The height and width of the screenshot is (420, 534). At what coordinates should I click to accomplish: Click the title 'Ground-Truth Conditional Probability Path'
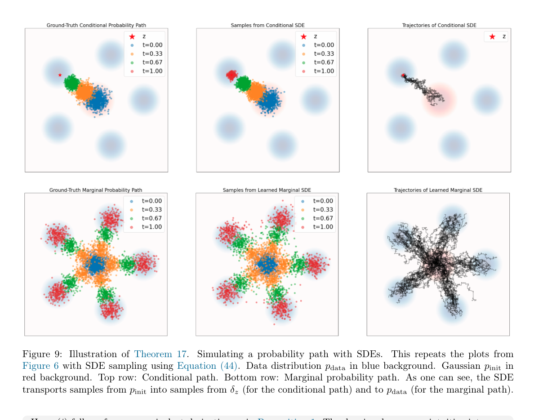pyautogui.click(x=96, y=25)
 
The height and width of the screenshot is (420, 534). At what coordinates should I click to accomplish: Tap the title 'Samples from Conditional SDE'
pyautogui.click(x=267, y=25)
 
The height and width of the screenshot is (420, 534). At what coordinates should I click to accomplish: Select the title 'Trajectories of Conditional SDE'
pyautogui.click(x=439, y=25)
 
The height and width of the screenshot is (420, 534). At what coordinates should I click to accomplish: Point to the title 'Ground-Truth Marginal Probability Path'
pyautogui.click(x=96, y=190)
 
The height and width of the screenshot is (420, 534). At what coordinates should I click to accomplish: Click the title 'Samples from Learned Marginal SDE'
pyautogui.click(x=267, y=190)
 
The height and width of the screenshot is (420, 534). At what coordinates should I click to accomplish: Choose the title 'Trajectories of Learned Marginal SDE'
pyautogui.click(x=438, y=190)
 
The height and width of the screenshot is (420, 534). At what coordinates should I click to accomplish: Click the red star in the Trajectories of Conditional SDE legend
pyautogui.click(x=492, y=37)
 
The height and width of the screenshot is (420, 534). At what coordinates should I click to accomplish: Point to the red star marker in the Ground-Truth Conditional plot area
pyautogui.click(x=60, y=75)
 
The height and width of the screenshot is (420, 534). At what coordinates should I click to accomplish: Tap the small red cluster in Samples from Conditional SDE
pyautogui.click(x=232, y=75)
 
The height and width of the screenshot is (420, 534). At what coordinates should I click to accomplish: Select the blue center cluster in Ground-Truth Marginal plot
pyautogui.click(x=95, y=265)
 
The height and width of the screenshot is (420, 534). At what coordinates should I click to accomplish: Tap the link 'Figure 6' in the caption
pyautogui.click(x=40, y=366)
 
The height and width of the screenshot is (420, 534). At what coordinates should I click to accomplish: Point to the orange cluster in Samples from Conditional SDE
pyautogui.click(x=255, y=91)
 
